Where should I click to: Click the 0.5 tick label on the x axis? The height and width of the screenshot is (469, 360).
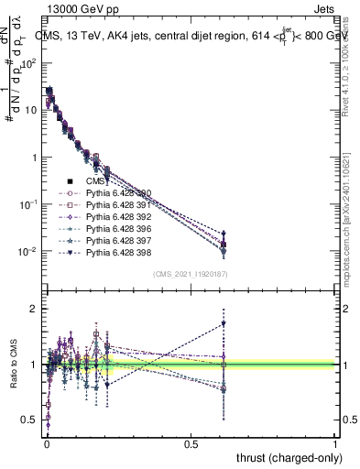pyautogui.click(x=191, y=443)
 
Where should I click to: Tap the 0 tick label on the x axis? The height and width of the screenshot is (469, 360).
pyautogui.click(x=46, y=443)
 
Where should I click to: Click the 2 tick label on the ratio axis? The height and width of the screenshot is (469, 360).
pyautogui.click(x=33, y=310)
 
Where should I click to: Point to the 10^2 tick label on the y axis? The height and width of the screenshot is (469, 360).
pyautogui.click(x=28, y=63)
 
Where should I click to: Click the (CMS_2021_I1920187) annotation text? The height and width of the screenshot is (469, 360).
pyautogui.click(x=190, y=274)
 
